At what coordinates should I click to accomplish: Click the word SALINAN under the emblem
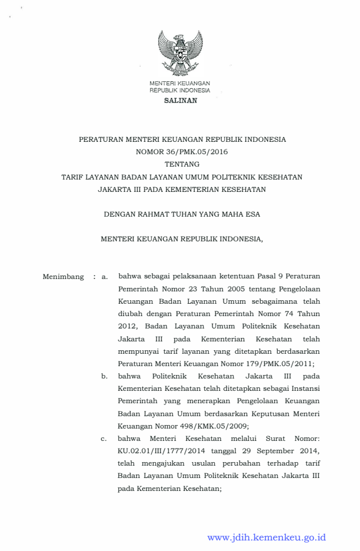(x=180, y=101)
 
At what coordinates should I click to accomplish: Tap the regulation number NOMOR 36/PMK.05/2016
(x=181, y=152)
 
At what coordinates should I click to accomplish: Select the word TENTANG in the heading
(x=181, y=164)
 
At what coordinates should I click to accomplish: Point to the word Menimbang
(x=63, y=275)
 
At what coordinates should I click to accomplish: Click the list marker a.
(x=104, y=275)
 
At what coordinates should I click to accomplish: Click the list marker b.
(x=104, y=376)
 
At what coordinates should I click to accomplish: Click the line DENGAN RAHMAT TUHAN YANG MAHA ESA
(x=181, y=214)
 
